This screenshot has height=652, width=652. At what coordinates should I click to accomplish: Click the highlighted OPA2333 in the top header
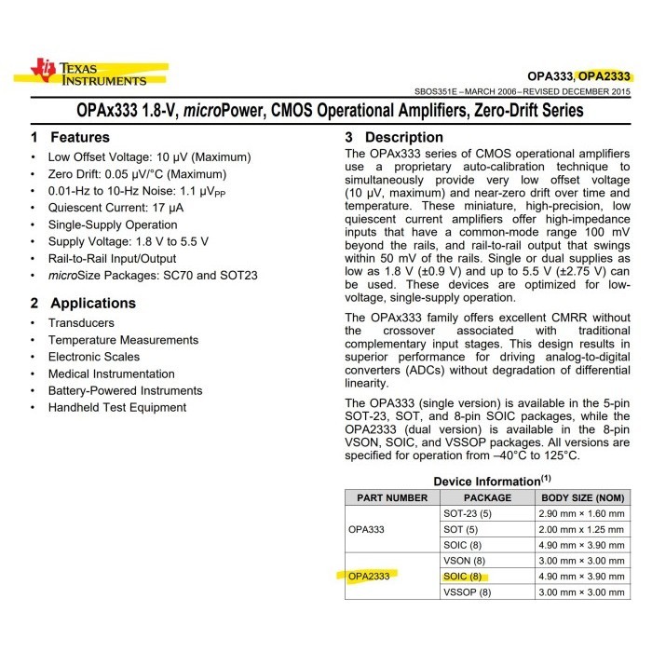click(606, 75)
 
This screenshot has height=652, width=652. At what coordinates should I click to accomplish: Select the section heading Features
click(79, 137)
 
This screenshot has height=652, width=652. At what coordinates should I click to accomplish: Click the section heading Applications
click(92, 303)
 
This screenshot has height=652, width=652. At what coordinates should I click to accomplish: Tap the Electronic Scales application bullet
click(94, 357)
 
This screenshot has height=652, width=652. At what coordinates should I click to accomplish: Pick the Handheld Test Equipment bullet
click(117, 407)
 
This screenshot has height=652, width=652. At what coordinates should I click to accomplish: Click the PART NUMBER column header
click(392, 498)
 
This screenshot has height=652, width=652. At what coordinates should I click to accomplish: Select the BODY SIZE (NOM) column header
click(583, 498)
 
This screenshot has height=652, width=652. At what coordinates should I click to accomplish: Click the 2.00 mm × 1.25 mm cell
click(583, 529)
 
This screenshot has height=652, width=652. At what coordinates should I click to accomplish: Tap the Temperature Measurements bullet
click(124, 340)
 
